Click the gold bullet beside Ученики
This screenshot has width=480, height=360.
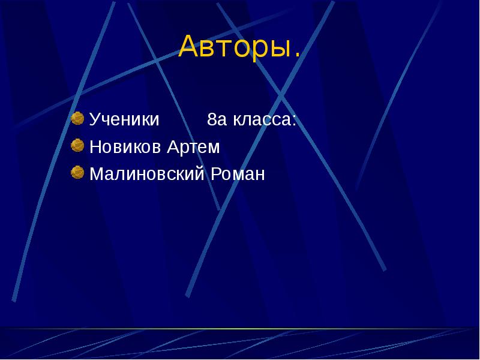[77, 118]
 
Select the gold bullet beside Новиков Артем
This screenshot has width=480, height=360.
[77, 146]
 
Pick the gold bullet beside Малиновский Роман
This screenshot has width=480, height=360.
[77, 173]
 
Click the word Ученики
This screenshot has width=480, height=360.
[124, 119]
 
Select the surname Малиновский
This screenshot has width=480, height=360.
[147, 175]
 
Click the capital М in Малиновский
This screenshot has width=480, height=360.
[96, 175]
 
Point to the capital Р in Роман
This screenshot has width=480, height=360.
[214, 175]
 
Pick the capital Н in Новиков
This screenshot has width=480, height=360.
[95, 147]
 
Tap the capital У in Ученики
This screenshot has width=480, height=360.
[94, 119]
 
